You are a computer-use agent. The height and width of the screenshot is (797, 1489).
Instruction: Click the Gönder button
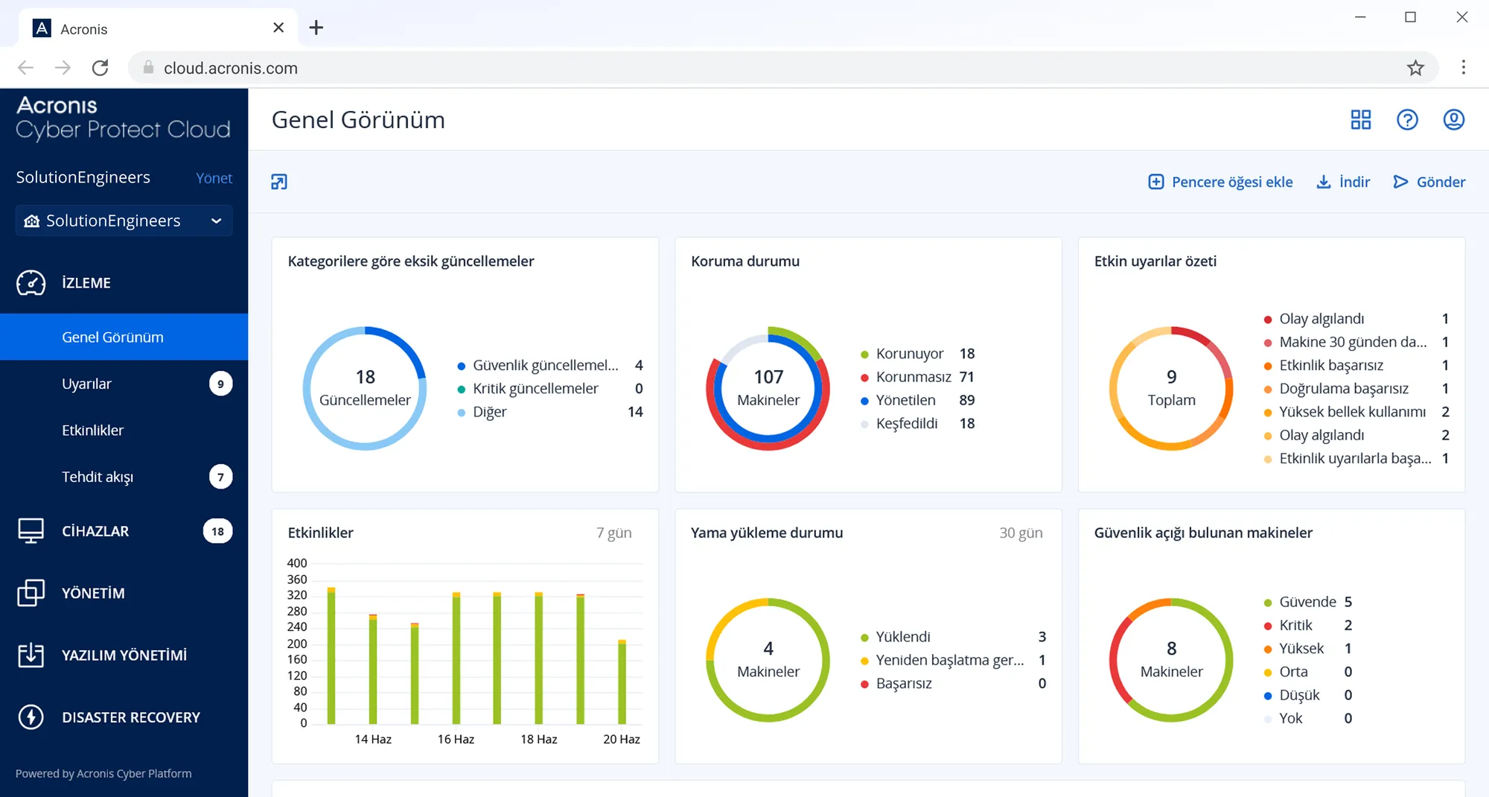1429,182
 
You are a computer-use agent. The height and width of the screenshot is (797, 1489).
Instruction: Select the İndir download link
1344,182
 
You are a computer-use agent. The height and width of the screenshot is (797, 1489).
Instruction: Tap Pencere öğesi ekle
1221,182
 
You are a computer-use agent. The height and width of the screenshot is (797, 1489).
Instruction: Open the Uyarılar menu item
87,384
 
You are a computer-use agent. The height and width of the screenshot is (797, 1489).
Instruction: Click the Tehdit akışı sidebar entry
98,477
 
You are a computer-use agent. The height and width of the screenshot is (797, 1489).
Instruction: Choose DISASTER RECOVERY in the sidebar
130,717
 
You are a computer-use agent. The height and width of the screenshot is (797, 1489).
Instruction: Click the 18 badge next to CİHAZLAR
217,531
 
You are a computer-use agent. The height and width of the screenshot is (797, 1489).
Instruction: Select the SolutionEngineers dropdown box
124,220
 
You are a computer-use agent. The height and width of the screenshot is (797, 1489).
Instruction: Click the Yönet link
214,178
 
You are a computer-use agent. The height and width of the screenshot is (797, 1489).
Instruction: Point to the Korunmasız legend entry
913,377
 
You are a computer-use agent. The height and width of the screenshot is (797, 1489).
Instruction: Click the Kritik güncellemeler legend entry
535,389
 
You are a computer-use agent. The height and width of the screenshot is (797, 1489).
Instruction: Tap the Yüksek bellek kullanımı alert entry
1352,412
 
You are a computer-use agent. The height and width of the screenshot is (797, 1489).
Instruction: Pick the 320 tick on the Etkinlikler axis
297,595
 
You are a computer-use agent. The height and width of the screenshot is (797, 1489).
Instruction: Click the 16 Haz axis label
456,739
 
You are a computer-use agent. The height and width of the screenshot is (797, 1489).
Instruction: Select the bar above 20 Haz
622,682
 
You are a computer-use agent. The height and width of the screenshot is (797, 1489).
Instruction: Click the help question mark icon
1407,120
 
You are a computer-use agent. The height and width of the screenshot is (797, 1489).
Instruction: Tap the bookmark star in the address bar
1415,68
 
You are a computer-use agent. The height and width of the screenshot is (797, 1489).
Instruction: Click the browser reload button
101,68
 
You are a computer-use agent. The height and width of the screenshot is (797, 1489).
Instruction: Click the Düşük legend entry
1299,695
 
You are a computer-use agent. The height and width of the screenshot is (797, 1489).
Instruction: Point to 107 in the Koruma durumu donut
768,377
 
